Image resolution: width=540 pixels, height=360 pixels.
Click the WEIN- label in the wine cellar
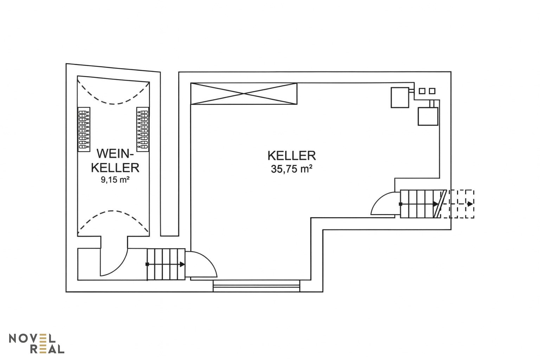coord(115,154)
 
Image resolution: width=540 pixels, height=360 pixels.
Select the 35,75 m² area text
coord(292,169)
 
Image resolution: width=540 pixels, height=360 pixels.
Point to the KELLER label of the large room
coord(292,156)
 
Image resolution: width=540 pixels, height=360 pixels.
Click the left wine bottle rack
coord(84,129)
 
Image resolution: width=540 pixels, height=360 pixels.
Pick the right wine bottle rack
coord(143,129)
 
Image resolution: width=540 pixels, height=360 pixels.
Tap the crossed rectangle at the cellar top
coord(244,94)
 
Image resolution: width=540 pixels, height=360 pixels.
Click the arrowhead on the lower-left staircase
coord(182,264)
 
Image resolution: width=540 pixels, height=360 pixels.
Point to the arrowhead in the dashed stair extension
coord(470,204)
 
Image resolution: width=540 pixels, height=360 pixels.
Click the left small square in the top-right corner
coord(422,91)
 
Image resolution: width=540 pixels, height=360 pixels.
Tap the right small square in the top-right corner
coord(432,91)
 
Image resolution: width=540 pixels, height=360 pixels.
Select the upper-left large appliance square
coord(400,97)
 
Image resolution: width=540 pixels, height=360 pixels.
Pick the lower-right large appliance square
coord(428,116)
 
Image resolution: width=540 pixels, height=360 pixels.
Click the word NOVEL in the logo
coord(32,338)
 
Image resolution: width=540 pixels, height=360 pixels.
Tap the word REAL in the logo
coord(47,349)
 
